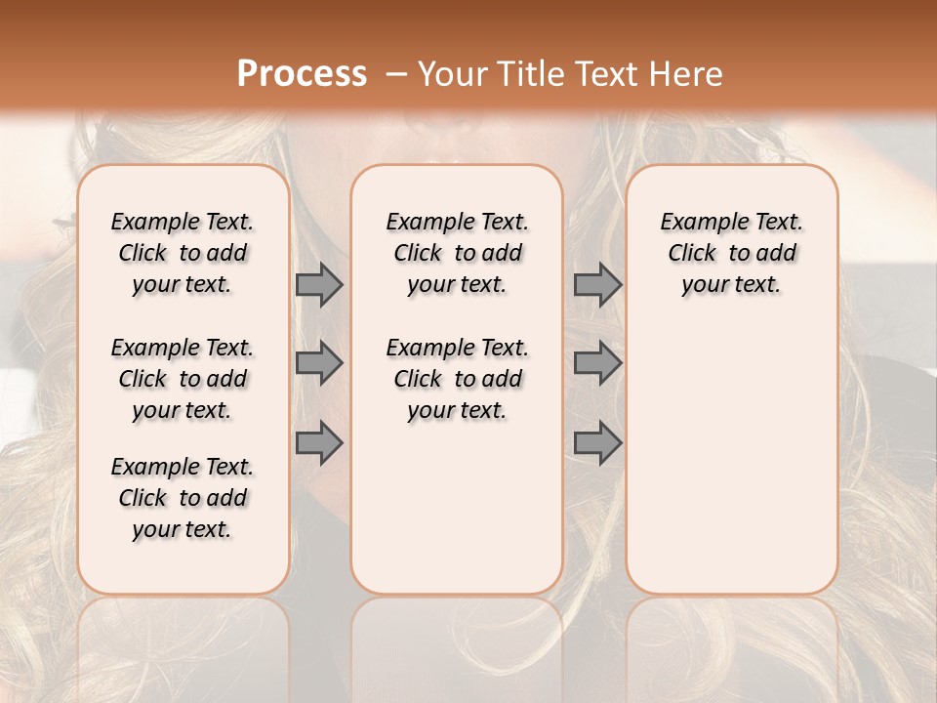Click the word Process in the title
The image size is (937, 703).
(302, 73)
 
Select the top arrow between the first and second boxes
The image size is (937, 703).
(319, 284)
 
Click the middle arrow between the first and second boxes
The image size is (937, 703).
(319, 364)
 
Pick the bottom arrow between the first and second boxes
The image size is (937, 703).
(319, 443)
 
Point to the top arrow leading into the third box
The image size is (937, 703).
(597, 284)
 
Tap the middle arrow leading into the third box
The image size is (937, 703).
(597, 364)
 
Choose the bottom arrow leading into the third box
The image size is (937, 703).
(597, 443)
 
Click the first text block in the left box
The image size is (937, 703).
(183, 253)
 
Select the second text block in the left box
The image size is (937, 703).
(183, 379)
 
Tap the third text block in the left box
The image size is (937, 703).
(183, 498)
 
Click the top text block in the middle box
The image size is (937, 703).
(457, 253)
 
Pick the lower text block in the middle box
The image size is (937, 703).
(457, 379)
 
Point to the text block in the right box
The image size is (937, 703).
(731, 253)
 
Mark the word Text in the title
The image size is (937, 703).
(611, 73)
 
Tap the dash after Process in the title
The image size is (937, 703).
(396, 73)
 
